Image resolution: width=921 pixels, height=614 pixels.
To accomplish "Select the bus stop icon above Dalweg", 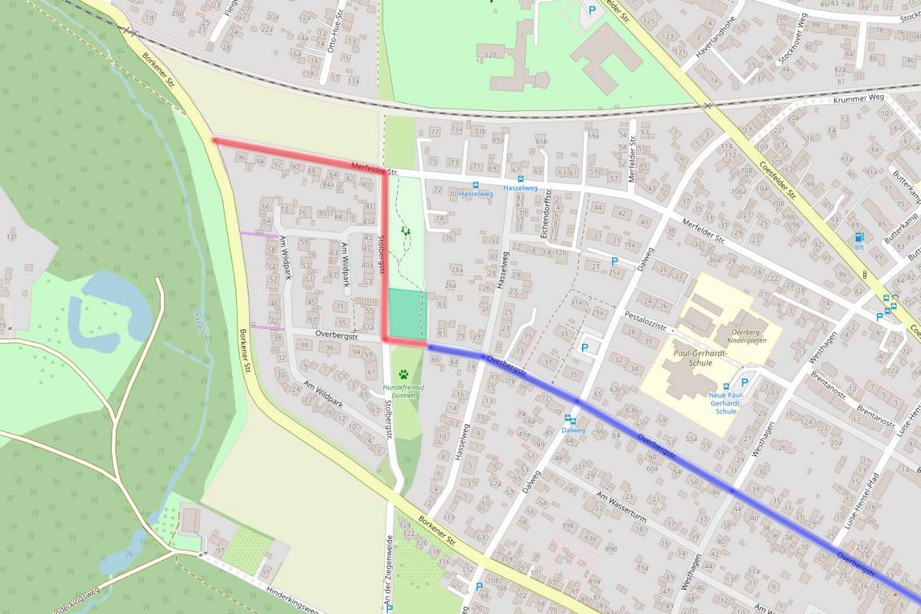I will tap(570, 419).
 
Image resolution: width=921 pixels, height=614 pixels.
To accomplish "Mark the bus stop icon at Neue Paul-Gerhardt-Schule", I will tap(727, 387).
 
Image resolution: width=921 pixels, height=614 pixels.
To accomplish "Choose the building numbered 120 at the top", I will tap(489, 56).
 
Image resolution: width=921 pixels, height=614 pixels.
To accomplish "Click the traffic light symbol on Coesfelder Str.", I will tap(865, 274).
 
